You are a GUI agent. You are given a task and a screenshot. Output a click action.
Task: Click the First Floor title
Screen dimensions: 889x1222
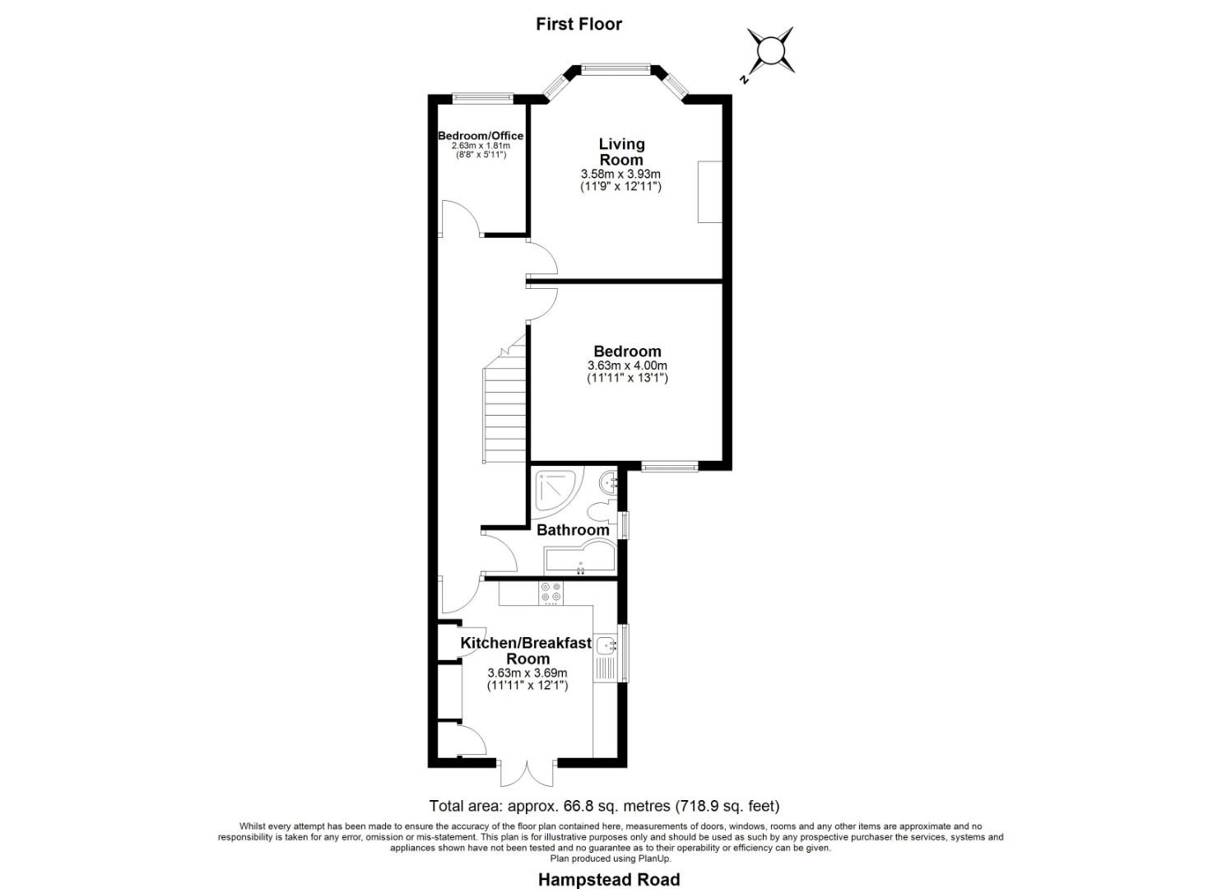click(x=578, y=24)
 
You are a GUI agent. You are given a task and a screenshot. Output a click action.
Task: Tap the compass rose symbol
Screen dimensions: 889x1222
click(x=771, y=50)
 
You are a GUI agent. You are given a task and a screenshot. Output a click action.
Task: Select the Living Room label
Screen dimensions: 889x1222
click(x=621, y=151)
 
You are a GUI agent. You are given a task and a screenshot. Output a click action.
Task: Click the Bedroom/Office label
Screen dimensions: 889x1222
click(x=481, y=136)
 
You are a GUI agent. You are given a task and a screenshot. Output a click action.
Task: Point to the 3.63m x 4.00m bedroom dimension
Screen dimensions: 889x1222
click(x=627, y=365)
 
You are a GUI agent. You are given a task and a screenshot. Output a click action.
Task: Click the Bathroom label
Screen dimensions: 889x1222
click(x=573, y=530)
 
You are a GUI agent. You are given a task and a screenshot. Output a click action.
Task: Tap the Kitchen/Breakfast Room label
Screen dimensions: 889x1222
click(x=526, y=650)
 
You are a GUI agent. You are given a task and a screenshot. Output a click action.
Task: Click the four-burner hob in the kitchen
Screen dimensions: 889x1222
click(x=550, y=592)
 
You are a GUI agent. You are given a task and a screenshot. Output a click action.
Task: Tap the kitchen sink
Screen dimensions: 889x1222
click(x=607, y=646)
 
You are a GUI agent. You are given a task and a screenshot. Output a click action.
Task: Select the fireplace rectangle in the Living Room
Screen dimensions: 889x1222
click(x=710, y=192)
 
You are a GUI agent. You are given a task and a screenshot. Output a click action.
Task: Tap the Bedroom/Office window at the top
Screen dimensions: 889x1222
click(x=483, y=97)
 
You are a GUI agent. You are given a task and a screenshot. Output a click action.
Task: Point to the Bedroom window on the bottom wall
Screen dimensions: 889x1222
click(x=670, y=468)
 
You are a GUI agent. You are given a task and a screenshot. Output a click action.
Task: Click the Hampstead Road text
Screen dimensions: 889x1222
click(x=609, y=879)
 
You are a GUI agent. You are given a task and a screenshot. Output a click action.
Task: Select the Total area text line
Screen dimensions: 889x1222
click(x=604, y=806)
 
